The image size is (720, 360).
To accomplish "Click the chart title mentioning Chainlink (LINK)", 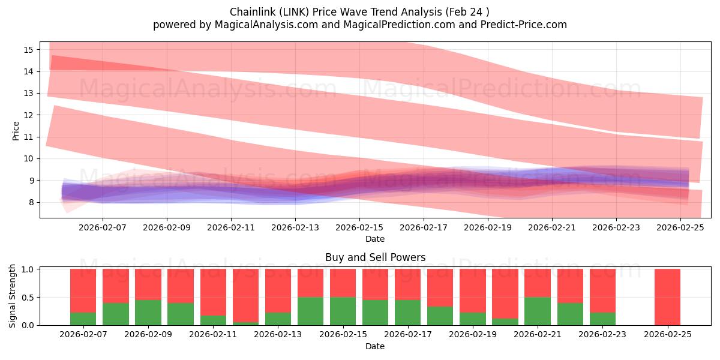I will (359, 12).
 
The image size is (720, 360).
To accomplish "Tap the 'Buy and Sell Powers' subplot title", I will (375, 257).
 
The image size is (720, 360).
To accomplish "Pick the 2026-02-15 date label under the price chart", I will (359, 227).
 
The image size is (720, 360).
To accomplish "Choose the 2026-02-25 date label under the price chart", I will (680, 227).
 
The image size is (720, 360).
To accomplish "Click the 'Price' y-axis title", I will (16, 131).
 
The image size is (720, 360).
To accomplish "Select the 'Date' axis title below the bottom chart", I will (375, 346).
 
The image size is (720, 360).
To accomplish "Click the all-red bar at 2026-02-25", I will (667, 297).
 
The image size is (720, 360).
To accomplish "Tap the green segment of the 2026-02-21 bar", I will (538, 311).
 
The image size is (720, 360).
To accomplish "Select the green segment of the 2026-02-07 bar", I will (83, 319).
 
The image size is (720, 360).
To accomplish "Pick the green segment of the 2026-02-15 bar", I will (343, 311).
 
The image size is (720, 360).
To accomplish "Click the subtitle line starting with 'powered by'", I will (359, 25).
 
